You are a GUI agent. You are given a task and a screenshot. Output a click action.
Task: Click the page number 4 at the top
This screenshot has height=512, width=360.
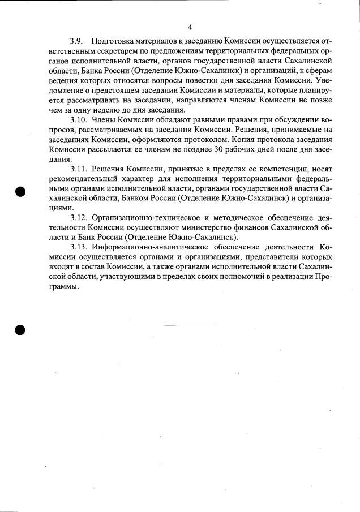point(190,27)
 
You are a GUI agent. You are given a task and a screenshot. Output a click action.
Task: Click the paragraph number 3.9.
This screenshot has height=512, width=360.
point(76,42)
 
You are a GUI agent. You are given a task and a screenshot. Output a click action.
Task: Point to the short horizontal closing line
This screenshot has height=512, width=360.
point(190,325)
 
